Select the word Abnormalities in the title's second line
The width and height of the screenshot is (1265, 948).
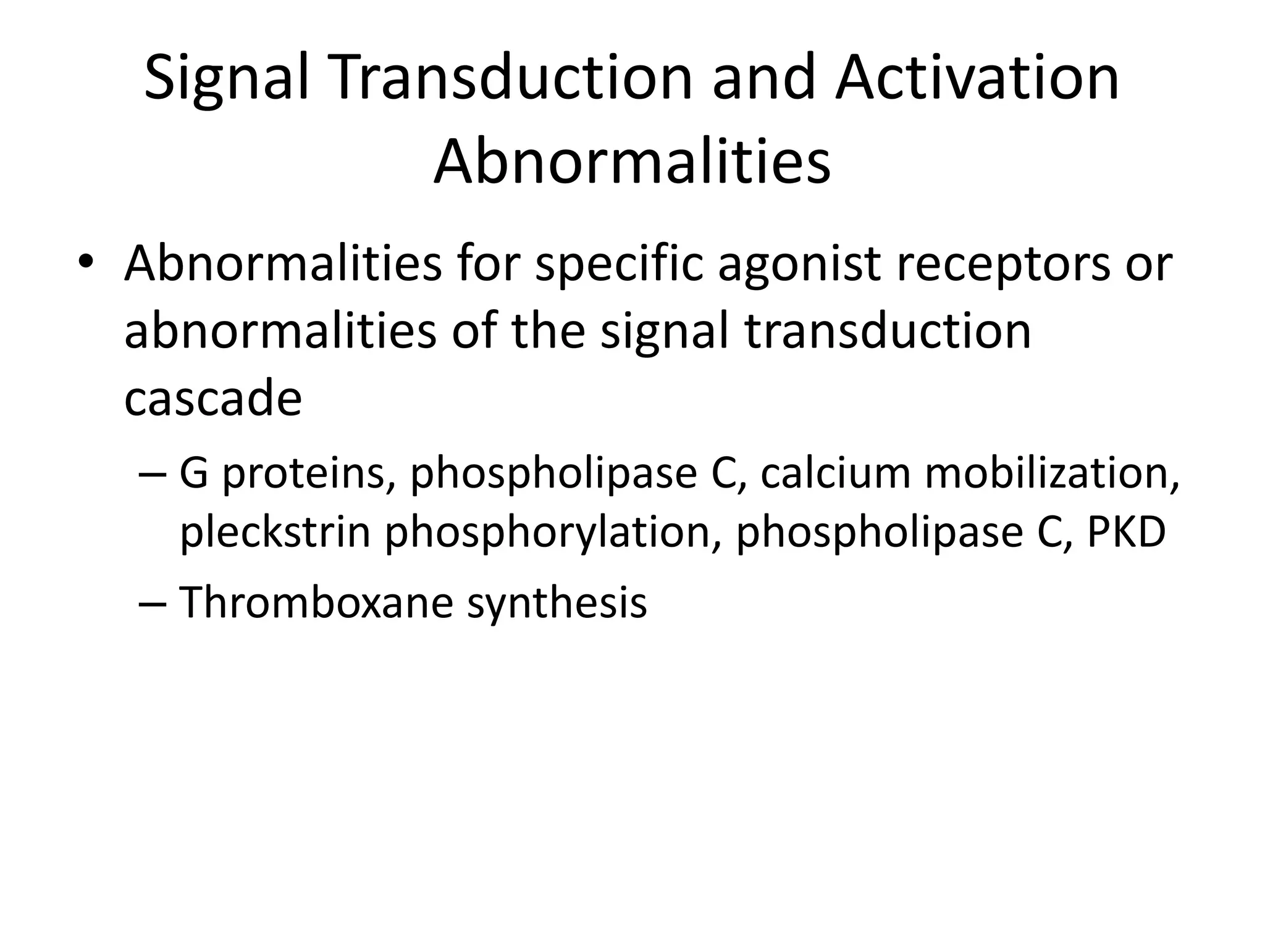(x=632, y=162)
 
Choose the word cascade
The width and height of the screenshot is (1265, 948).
(x=213, y=398)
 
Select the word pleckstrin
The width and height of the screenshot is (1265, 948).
(x=275, y=532)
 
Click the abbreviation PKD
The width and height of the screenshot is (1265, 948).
(x=1126, y=532)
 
